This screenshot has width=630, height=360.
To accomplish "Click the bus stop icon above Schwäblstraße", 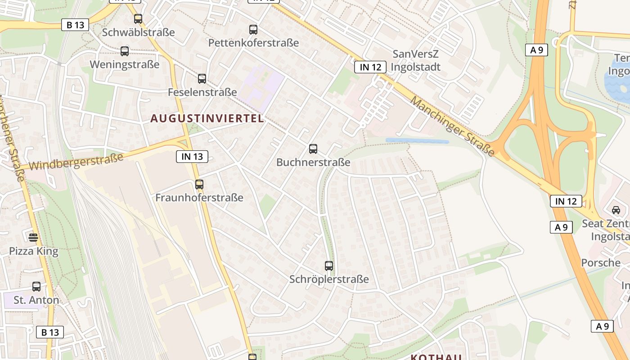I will [138, 19].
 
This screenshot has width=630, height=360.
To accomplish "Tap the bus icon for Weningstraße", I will [125, 51].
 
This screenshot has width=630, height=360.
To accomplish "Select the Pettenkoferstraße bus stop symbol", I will [253, 30].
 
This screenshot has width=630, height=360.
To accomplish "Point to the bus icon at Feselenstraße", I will [202, 79].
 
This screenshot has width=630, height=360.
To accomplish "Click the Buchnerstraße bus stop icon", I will [313, 149].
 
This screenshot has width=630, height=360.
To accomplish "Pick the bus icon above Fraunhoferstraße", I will [199, 184].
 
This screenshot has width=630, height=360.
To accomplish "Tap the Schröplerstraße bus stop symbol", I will [329, 266].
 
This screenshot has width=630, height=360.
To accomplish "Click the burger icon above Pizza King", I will [33, 237].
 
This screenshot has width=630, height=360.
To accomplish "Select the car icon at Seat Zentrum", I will [616, 210].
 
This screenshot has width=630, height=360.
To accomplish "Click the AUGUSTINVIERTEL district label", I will [207, 119].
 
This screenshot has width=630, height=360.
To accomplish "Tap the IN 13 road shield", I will [192, 157].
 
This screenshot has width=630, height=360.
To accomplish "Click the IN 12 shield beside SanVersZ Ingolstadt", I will [370, 67].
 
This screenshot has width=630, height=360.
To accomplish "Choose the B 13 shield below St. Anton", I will [50, 332].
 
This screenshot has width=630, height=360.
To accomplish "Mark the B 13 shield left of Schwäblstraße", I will [75, 25].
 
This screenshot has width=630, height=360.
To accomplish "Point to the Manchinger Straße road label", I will [452, 126].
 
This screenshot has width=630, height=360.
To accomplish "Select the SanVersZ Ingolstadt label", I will [416, 60].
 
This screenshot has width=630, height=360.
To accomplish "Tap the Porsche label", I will [601, 263].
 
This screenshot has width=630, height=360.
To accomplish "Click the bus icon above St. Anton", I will [36, 287].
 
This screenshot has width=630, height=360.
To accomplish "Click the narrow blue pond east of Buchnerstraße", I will [417, 141].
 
